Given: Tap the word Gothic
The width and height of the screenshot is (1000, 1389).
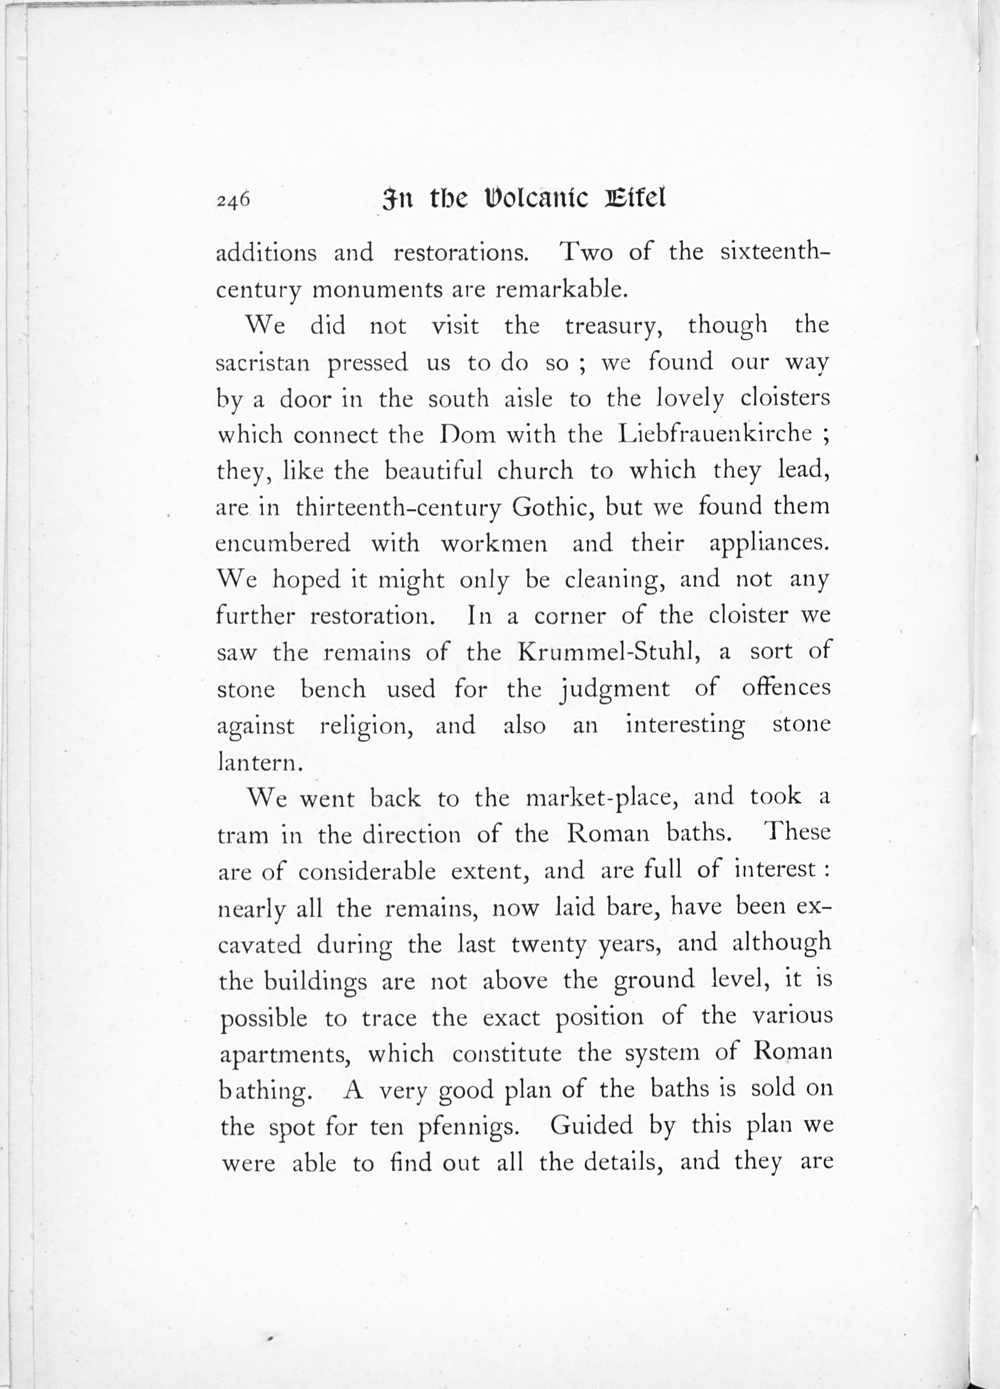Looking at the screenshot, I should (552, 508).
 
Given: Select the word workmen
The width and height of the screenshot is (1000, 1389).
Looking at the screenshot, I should (494, 544).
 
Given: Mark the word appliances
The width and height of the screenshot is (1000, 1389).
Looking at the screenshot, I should (769, 544).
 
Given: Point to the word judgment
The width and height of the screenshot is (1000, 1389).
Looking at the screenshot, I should (615, 690).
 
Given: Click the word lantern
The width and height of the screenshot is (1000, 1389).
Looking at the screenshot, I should (259, 762).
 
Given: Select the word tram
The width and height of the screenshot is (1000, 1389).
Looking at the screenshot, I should (243, 835).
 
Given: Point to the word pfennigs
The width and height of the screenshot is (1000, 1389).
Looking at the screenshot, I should (468, 1128).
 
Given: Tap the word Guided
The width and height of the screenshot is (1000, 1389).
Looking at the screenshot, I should (591, 1126).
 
